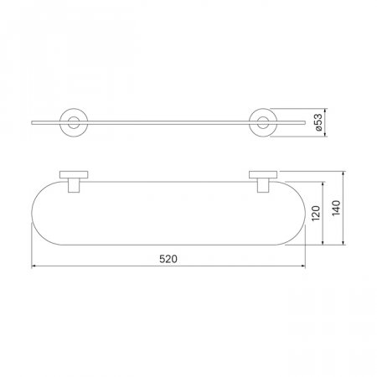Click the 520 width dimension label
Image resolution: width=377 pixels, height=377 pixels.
168,259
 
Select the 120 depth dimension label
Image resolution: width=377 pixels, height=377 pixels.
316,214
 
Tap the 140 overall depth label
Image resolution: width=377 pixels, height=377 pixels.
336,208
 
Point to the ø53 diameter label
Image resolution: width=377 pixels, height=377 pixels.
318,122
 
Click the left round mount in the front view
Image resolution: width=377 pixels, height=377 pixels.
74,109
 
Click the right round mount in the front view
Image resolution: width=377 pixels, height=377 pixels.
263,109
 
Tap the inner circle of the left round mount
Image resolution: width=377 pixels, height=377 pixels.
74,117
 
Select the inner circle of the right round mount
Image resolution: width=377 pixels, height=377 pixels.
263,117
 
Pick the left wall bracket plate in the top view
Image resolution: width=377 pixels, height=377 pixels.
74,175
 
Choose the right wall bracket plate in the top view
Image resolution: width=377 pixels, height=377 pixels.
263,175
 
